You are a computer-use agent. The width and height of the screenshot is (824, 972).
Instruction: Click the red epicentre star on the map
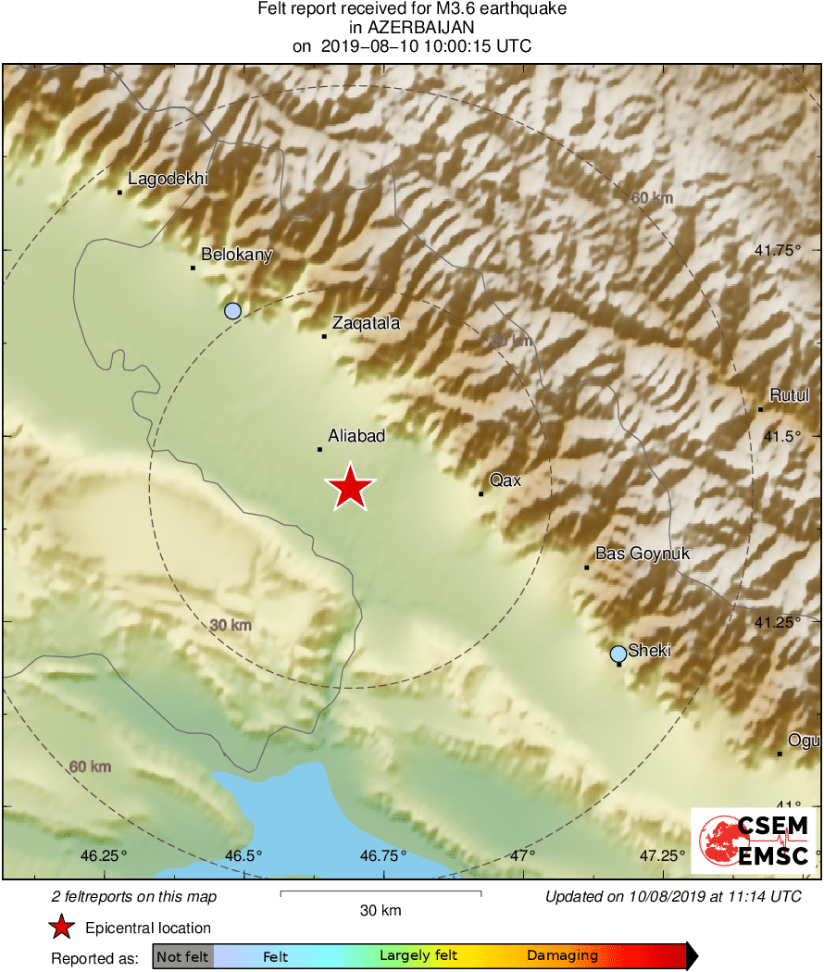(x=350, y=487)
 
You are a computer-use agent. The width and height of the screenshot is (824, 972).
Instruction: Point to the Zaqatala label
(x=366, y=323)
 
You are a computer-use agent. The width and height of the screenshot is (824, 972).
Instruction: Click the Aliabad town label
(x=356, y=435)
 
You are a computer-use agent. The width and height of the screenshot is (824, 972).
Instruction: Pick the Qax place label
(x=506, y=480)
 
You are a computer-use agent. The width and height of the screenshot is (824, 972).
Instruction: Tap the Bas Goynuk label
(x=643, y=554)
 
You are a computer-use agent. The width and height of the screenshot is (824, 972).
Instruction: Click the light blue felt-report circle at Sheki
(x=618, y=654)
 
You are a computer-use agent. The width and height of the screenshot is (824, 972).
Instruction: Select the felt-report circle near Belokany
(x=233, y=311)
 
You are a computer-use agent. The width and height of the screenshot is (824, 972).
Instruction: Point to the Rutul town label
(x=789, y=395)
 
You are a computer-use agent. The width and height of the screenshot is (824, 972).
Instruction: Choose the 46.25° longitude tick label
(x=105, y=855)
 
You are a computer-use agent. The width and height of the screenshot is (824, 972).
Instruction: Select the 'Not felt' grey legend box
(x=182, y=956)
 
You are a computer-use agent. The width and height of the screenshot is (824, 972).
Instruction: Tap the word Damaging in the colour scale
(x=563, y=956)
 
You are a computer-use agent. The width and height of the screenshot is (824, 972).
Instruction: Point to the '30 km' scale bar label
(x=381, y=911)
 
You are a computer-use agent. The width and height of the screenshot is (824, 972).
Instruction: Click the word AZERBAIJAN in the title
(x=412, y=28)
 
